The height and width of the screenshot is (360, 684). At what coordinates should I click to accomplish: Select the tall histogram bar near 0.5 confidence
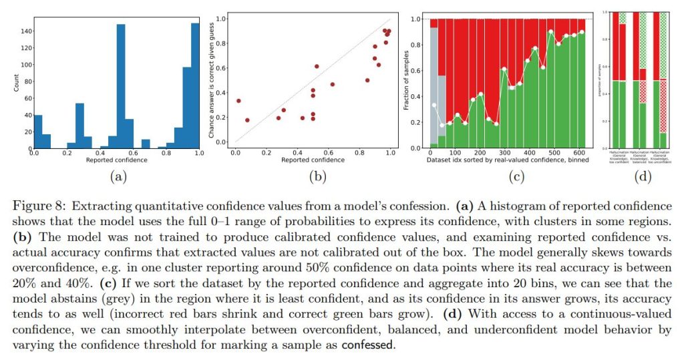coord(121,87)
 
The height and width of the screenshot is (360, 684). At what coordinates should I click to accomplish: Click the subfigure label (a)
coord(117,177)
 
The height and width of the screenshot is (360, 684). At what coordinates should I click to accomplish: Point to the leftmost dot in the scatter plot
coord(238,101)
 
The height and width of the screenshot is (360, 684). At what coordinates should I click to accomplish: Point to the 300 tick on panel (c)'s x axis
coord(504,154)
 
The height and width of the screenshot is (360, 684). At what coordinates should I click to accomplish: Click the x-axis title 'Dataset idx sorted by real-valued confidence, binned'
coord(507,161)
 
